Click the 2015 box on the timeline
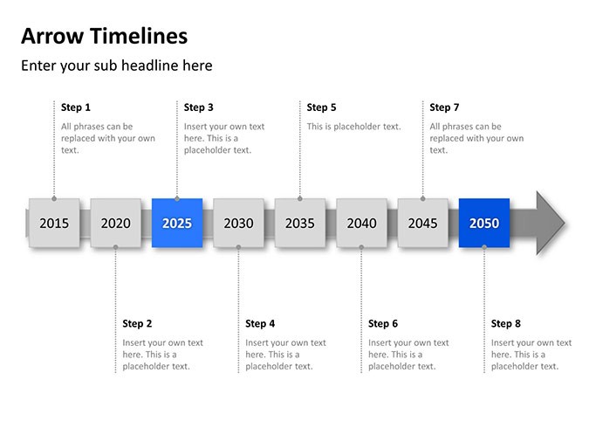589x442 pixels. (54, 223)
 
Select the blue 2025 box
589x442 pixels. (177, 223)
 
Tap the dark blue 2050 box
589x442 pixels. (484, 223)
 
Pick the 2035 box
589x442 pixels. (300, 223)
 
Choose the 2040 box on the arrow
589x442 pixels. (361, 223)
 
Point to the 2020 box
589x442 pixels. (116, 223)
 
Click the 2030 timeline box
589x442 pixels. (238, 223)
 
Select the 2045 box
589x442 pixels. (422, 223)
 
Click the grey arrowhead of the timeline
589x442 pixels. (549, 223)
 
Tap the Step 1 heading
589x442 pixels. (76, 107)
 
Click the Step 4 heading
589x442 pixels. (260, 324)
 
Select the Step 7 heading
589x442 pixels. (444, 107)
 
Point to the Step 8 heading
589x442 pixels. (505, 324)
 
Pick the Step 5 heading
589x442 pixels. (321, 107)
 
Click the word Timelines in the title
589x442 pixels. (139, 36)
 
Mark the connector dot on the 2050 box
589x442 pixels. (484, 247)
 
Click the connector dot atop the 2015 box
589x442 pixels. (54, 198)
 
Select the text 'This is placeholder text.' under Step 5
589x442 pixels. (353, 127)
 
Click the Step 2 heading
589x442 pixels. (137, 324)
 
